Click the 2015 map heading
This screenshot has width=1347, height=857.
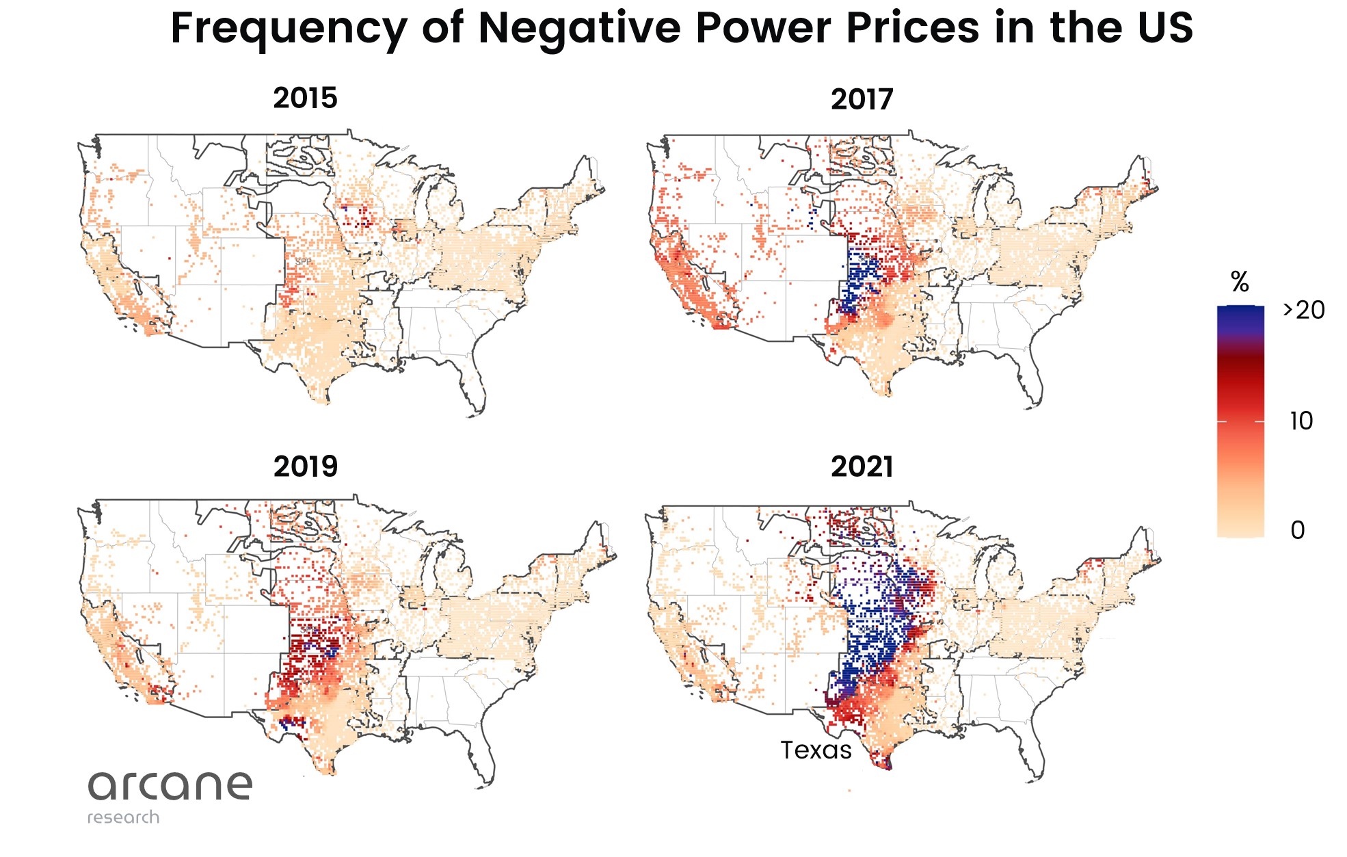pyautogui.click(x=305, y=98)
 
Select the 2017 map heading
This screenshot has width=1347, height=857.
pyautogui.click(x=862, y=100)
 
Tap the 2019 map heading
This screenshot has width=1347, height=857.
pyautogui.click(x=305, y=467)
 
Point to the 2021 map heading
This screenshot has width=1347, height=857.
pyautogui.click(x=862, y=467)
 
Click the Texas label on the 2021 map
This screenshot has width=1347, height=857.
pyautogui.click(x=816, y=750)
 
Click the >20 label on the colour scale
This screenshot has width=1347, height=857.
pyautogui.click(x=1304, y=311)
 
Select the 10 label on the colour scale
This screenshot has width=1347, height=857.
pyautogui.click(x=1301, y=421)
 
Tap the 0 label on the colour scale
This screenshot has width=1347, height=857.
pyautogui.click(x=1297, y=530)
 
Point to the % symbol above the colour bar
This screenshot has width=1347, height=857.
pyautogui.click(x=1240, y=282)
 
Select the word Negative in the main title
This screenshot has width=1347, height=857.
pyautogui.click(x=580, y=29)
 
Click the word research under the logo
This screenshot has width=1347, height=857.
pyautogui.click(x=123, y=817)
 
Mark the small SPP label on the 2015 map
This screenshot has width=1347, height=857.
pyautogui.click(x=303, y=262)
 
